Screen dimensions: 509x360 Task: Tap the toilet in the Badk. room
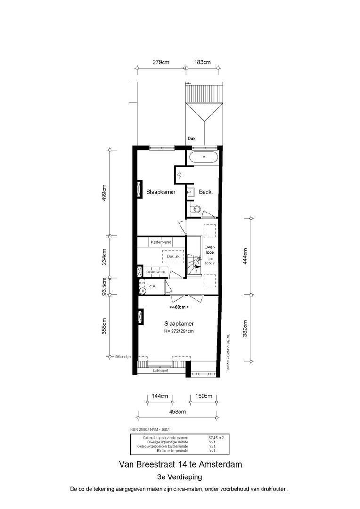coord(195,209)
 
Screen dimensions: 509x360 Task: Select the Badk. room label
coord(206,192)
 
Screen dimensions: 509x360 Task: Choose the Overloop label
coord(210,250)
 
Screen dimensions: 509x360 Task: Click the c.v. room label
coord(153,286)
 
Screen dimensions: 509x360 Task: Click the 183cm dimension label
coord(203,62)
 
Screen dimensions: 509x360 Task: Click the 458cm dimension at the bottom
coord(177,411)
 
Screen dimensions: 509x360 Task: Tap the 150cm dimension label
coord(204,396)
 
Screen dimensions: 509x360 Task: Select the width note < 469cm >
coord(179,307)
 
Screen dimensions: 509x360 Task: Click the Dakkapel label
coord(160,371)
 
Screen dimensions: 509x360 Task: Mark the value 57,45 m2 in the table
coord(216,438)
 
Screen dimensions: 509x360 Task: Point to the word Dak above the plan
coord(191,139)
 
